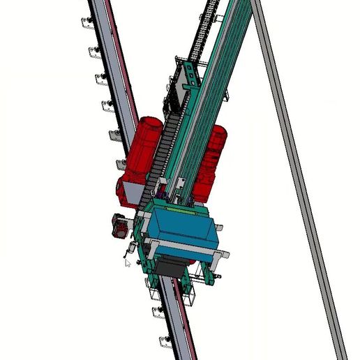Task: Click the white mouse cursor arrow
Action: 127,263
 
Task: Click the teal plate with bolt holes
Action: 188,80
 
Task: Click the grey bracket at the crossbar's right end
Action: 223,255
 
